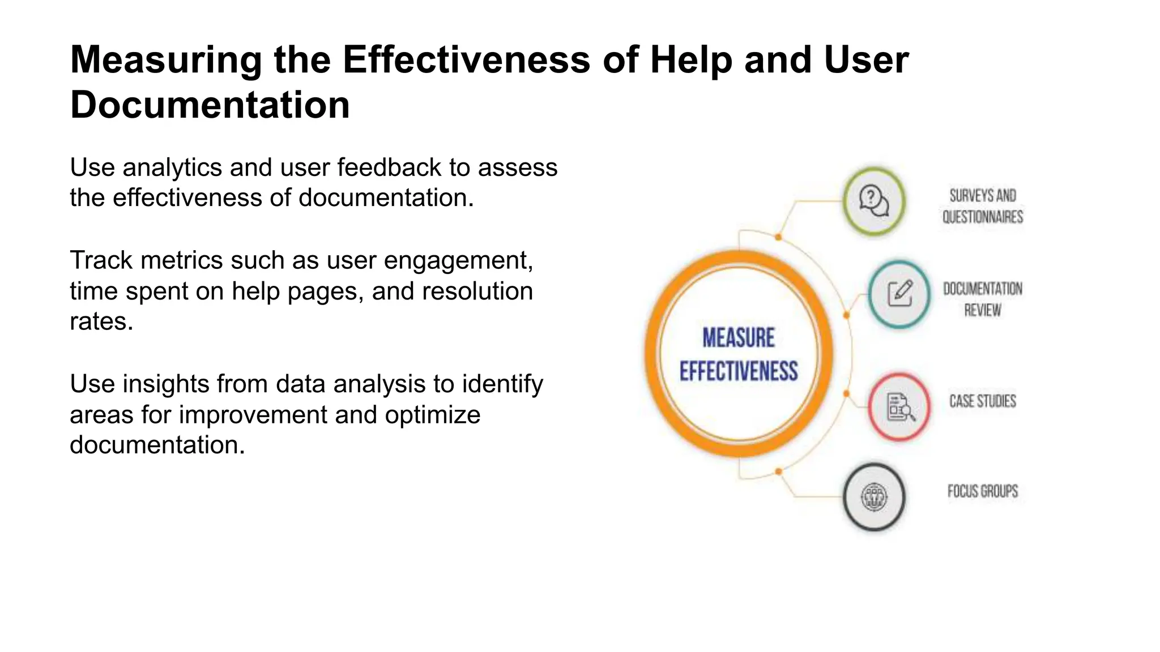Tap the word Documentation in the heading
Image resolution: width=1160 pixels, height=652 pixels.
pyautogui.click(x=210, y=105)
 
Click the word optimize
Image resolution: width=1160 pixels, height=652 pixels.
pyautogui.click(x=433, y=415)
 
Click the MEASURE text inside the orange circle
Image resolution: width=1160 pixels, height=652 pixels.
pyautogui.click(x=739, y=338)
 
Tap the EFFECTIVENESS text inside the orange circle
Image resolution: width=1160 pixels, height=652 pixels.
pyautogui.click(x=739, y=371)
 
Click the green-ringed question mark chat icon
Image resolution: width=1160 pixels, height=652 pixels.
pyautogui.click(x=873, y=201)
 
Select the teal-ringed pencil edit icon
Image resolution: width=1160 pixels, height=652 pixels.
pyautogui.click(x=899, y=294)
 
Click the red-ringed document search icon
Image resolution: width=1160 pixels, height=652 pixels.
pyautogui.click(x=899, y=407)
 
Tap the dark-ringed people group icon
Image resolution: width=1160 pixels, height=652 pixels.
pyautogui.click(x=874, y=497)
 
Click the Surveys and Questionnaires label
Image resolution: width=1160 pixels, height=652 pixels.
pyautogui.click(x=983, y=206)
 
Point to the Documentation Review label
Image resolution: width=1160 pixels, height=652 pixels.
pyautogui.click(x=983, y=299)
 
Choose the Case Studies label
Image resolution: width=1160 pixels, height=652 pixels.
pyautogui.click(x=983, y=401)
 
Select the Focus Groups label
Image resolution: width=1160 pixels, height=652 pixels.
pyautogui.click(x=983, y=491)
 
